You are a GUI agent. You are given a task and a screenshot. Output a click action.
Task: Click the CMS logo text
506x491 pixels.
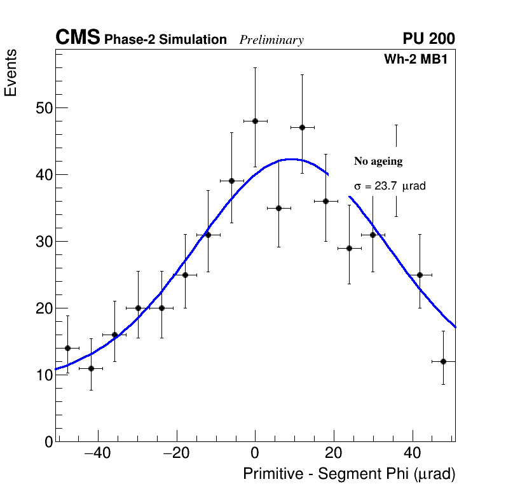[x=78, y=38]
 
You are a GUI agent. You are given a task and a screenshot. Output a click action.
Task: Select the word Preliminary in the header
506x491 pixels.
[x=271, y=40]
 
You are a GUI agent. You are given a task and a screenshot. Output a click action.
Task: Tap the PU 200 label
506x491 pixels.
[x=428, y=39]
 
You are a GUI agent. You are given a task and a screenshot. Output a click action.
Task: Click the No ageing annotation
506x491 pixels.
[x=378, y=162]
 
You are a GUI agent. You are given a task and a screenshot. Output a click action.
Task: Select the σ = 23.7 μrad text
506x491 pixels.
[x=390, y=186]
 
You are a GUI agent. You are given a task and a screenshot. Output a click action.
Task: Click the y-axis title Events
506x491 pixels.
[x=11, y=73]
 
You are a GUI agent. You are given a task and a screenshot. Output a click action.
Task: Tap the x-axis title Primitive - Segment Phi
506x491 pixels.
[x=349, y=474]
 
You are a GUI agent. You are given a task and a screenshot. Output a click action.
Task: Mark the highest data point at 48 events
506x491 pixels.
[x=255, y=121]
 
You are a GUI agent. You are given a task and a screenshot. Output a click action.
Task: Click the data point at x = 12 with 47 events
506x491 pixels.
[x=302, y=127]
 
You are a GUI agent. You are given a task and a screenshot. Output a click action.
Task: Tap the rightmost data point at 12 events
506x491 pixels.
[x=443, y=361]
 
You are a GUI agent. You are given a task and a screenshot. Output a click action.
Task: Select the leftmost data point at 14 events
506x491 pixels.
[x=67, y=348]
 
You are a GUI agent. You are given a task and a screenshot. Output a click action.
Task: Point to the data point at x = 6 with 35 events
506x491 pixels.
[x=278, y=208]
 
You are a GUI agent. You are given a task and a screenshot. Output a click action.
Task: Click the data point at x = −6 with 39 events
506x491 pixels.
[x=231, y=181]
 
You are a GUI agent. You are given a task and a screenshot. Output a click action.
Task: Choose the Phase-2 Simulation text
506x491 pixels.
[x=165, y=40]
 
